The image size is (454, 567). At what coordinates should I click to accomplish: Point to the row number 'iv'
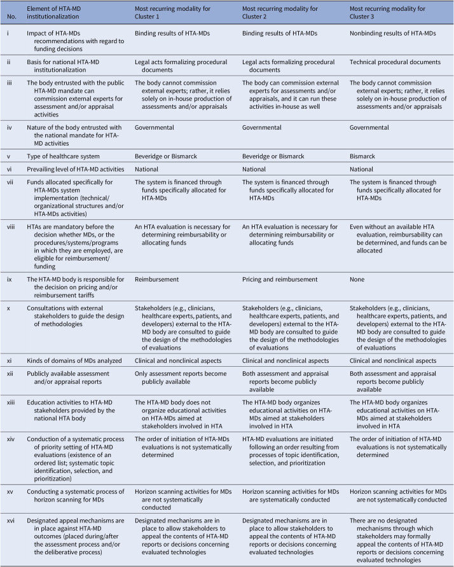(x=9, y=127)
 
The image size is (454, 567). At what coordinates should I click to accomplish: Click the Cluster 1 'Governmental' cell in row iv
(x=155, y=127)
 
